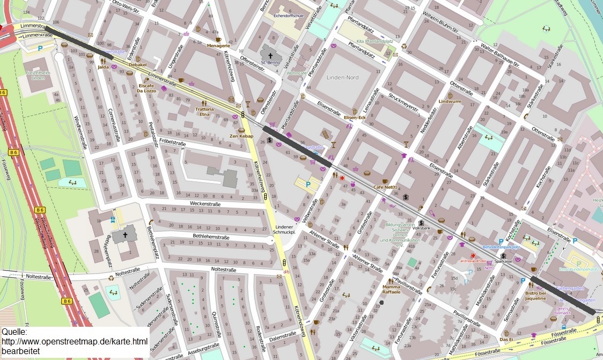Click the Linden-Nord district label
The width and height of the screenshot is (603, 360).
tap(342, 78)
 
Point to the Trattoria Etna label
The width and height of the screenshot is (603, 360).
tap(204, 112)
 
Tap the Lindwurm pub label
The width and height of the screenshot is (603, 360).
tap(450, 101)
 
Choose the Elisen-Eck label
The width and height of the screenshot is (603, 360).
tap(355, 117)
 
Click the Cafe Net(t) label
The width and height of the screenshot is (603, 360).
tap(385, 187)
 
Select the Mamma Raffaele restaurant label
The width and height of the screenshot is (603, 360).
tap(391, 289)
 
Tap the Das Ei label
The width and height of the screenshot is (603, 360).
tap(507, 339)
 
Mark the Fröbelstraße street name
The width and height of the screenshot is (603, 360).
tap(172, 144)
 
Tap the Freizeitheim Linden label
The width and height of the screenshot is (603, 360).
tap(37, 75)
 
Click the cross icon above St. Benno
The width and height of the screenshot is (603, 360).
tap(270, 55)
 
